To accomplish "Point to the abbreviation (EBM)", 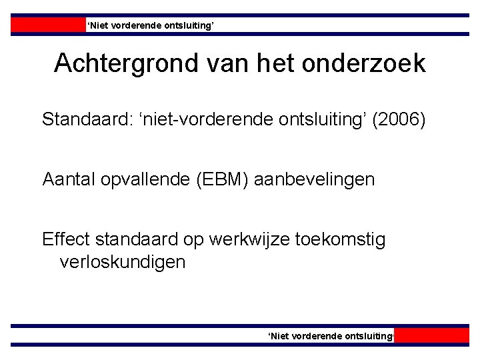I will (x=218, y=179).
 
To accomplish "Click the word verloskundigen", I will (x=123, y=262).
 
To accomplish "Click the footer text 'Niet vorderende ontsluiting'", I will (x=331, y=336).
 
